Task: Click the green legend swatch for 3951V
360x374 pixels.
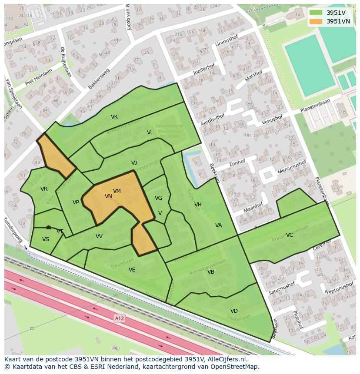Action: click(316, 13)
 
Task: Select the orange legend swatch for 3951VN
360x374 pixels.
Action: click(316, 21)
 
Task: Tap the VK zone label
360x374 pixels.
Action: click(114, 117)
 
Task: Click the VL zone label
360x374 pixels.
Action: click(150, 132)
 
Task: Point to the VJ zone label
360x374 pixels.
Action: click(134, 163)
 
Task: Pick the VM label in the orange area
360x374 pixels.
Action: click(117, 191)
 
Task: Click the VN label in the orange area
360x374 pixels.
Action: click(108, 196)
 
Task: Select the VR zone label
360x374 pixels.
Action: click(44, 189)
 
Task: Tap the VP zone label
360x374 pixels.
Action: click(76, 202)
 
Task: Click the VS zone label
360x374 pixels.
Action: click(46, 239)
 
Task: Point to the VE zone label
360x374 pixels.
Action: click(132, 270)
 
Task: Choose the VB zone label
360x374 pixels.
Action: click(211, 272)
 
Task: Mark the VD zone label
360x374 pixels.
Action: click(234, 311)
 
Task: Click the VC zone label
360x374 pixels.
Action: click(290, 235)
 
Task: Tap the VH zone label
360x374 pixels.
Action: click(198, 205)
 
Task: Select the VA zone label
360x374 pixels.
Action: click(218, 225)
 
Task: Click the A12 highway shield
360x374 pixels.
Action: click(119, 319)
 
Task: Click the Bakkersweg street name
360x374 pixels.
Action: click(99, 79)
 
